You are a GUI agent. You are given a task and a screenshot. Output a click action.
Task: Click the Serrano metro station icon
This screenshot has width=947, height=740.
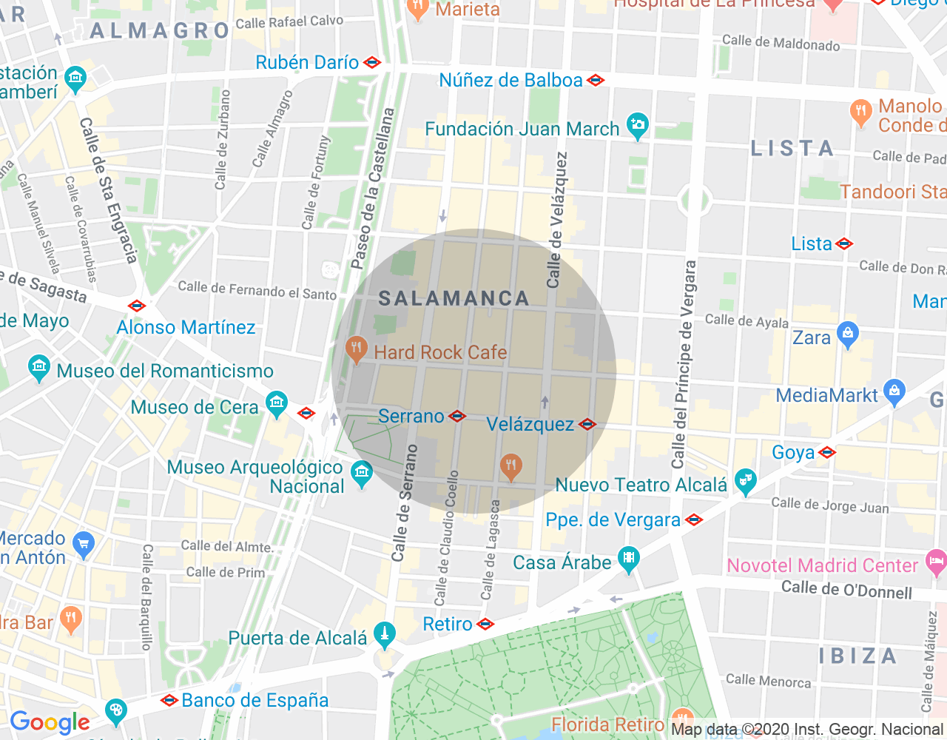pos(458,417)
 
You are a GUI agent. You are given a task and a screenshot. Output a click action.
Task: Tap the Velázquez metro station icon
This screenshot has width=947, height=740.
pos(587,425)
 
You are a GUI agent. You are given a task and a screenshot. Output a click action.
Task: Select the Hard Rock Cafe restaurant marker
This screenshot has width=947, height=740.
pos(357,349)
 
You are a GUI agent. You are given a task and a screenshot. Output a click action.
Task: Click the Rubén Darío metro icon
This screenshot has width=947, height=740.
pos(373,63)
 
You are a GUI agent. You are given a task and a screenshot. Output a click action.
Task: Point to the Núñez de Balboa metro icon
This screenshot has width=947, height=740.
pos(596,81)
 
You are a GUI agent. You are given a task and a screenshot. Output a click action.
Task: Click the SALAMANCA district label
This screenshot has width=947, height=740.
pos(454,299)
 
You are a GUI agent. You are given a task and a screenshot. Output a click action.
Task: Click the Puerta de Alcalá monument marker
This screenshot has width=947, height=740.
pos(384,634)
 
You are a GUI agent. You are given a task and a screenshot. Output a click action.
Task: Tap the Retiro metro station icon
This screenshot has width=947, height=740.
pos(485,625)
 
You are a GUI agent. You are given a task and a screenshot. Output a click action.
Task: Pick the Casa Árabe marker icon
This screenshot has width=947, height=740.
pos(628,559)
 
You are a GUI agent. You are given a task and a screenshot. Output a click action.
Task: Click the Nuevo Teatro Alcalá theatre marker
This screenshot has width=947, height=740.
pos(746,482)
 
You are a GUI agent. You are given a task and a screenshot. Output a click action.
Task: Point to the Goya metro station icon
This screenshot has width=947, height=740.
pos(827,453)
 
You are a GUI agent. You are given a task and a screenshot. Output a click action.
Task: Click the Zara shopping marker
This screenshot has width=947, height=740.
pos(848,334)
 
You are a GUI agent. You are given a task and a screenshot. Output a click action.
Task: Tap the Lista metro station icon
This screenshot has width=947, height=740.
pos(844,244)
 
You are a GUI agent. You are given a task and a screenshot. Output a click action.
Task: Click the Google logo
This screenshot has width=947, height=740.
pos(50,722)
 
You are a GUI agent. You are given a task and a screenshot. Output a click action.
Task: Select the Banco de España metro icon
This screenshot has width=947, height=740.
pos(169,700)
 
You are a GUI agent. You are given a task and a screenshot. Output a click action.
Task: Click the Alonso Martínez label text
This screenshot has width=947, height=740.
pos(186,328)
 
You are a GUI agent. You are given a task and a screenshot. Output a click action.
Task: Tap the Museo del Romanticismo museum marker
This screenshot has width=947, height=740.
pos(38,368)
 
